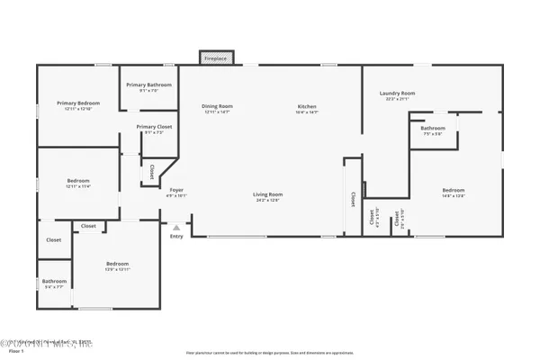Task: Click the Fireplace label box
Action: tap(217, 57)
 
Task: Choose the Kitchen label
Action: tap(308, 107)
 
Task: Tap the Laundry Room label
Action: tap(396, 93)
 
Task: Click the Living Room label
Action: tap(267, 194)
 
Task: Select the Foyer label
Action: tap(177, 190)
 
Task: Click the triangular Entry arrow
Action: tap(176, 228)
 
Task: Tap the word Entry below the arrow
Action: tap(176, 236)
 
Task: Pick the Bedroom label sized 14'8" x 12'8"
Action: tap(453, 190)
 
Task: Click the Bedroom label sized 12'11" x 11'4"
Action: tap(78, 181)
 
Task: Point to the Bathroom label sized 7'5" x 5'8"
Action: tap(433, 129)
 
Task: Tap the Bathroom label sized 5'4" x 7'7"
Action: tap(54, 281)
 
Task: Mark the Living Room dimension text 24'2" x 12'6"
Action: tap(267, 200)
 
